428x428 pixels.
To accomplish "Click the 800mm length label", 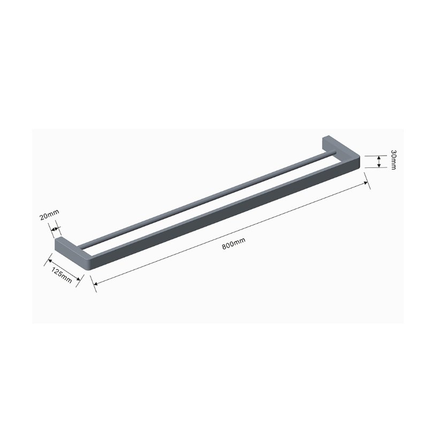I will coord(233,244).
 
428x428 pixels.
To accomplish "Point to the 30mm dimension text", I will coord(393,160).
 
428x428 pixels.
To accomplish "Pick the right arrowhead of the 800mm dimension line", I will coord(367,183).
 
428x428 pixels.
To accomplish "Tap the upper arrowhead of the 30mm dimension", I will coord(379,157).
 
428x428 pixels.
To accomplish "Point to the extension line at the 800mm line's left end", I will coord(94,281).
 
